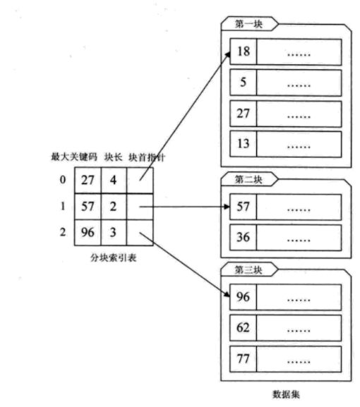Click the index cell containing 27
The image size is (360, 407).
pos(88,180)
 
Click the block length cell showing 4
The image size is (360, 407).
pos(114,180)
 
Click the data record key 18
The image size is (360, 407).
pos(242,51)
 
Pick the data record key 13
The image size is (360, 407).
pos(242,143)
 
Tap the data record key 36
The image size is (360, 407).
pos(242,237)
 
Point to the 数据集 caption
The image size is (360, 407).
pos(287,394)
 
